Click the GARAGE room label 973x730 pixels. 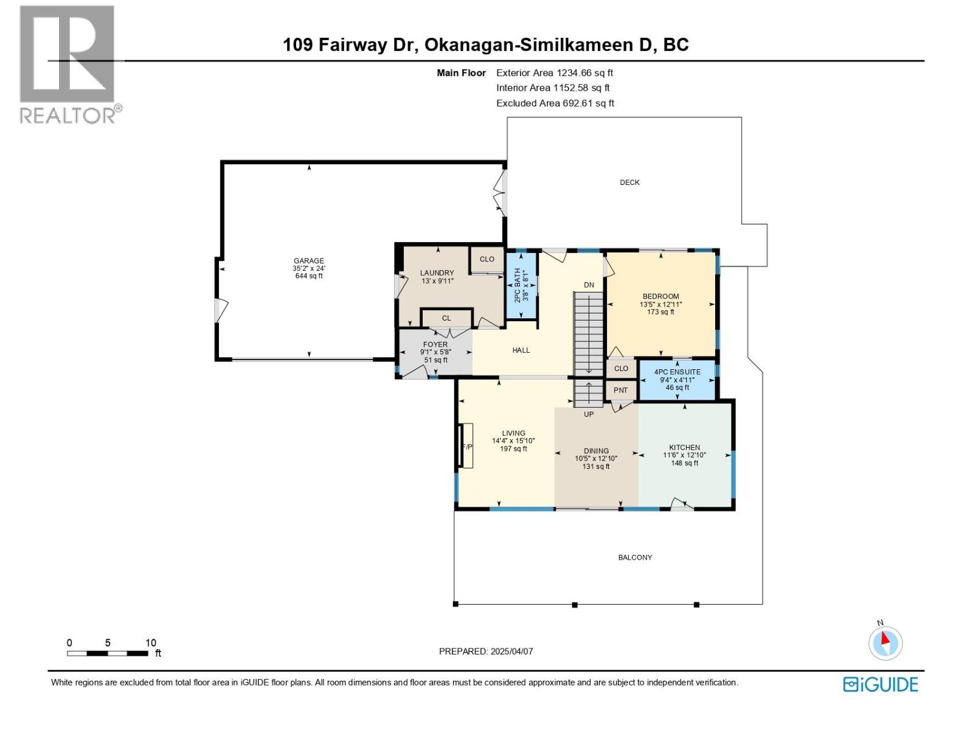[309, 261]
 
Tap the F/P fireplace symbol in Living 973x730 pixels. [467, 446]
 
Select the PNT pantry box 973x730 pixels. [620, 390]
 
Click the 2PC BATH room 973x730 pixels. [521, 285]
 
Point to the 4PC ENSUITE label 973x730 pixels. [677, 372]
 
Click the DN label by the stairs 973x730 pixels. [589, 285]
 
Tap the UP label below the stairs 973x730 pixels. [589, 414]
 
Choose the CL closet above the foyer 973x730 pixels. [446, 318]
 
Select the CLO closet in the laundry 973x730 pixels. [486, 259]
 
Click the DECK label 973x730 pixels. [629, 182]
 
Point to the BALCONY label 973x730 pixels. [635, 557]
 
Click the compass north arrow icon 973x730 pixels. [885, 642]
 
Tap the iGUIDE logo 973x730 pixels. [881, 684]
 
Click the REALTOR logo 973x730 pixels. [67, 64]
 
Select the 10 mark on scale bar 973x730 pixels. [150, 642]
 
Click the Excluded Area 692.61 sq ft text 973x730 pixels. [555, 103]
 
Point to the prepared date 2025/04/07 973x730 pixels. [511, 651]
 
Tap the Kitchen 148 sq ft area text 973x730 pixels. [684, 463]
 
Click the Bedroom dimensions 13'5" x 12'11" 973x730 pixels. [660, 304]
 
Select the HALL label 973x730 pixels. [521, 350]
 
